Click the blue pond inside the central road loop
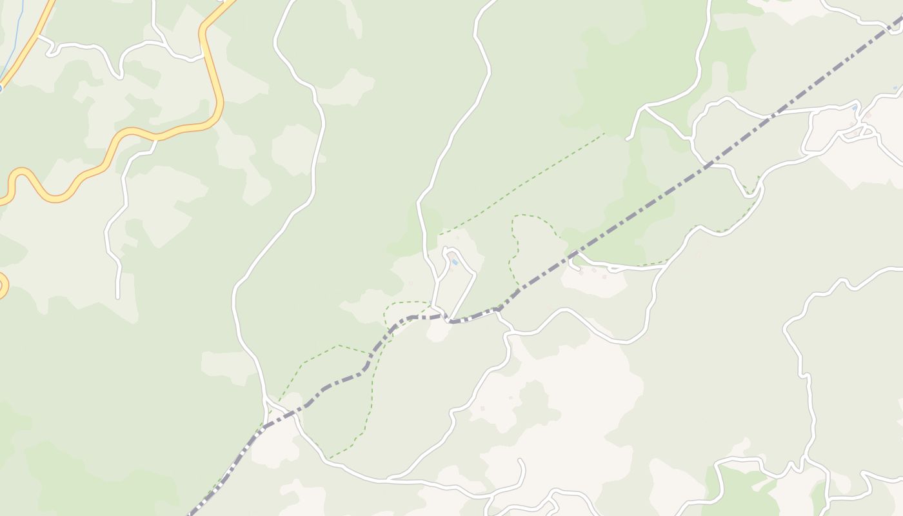[x=455, y=262]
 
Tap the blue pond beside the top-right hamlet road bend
[x=855, y=106]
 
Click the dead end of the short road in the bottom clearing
[x=521, y=461]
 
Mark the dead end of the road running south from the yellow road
[x=117, y=297]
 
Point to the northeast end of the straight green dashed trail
[x=604, y=134]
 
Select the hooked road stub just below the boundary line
[x=573, y=263]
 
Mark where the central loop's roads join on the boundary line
[x=450, y=319]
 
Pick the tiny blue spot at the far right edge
[x=895, y=88]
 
